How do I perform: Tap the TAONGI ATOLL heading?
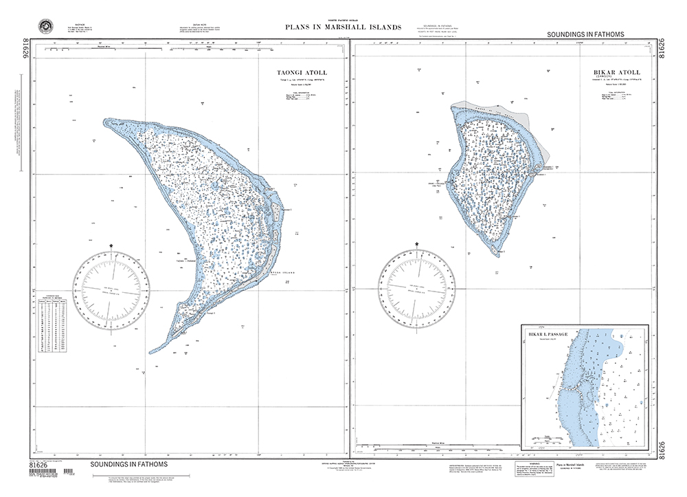point(302,73)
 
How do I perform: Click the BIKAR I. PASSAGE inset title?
point(548,334)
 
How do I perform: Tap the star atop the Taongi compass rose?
point(112,245)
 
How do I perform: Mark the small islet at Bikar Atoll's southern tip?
point(506,252)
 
